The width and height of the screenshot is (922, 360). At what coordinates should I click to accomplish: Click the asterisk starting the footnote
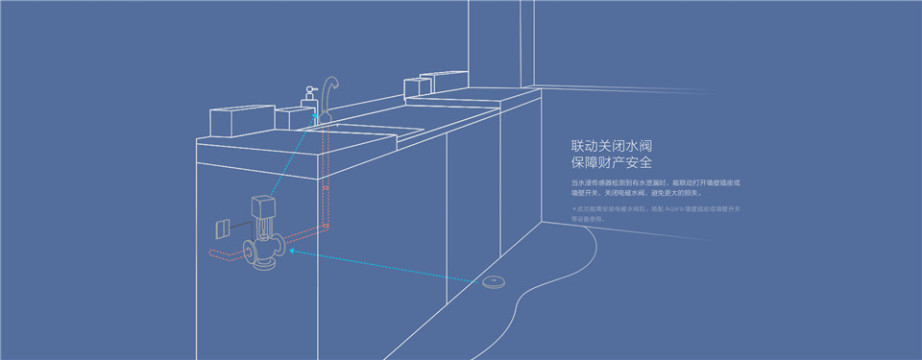(573, 208)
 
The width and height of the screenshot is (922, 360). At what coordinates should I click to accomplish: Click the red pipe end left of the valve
(213, 254)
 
